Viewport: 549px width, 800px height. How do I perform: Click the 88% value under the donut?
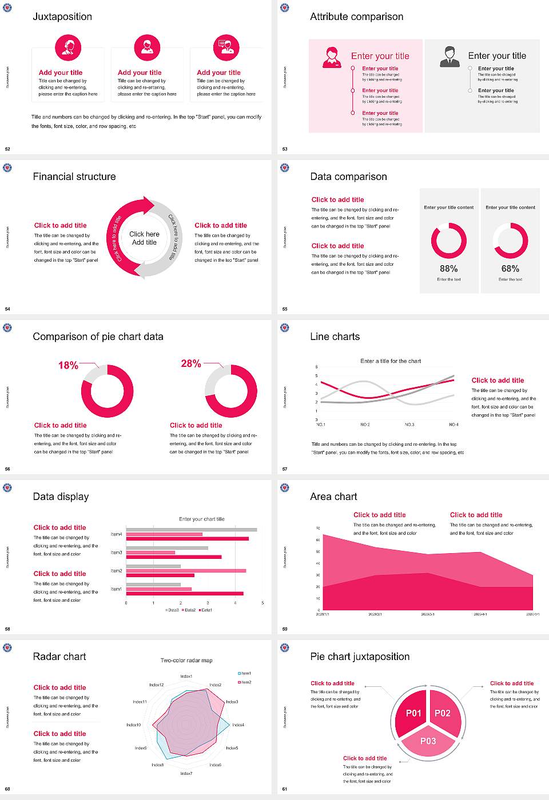tap(449, 269)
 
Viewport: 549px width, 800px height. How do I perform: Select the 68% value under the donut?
tap(510, 269)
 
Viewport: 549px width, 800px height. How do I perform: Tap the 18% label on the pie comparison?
tap(68, 365)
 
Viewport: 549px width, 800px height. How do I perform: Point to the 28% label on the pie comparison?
tap(190, 363)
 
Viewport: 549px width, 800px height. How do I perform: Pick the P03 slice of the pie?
tap(428, 741)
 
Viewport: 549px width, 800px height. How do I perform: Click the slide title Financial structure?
tap(74, 177)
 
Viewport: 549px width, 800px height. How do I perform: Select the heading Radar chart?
tap(59, 657)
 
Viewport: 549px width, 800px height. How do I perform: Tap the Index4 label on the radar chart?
tap(238, 725)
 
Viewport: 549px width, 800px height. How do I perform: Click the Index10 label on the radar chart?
tap(133, 725)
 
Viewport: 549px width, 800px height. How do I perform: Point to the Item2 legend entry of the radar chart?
tap(245, 682)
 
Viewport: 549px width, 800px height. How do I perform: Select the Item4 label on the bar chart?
tap(116, 534)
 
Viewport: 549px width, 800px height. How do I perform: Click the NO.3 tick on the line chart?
tap(409, 425)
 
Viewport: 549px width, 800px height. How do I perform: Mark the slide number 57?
tap(285, 469)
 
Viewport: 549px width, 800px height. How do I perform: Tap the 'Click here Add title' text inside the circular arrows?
tap(144, 238)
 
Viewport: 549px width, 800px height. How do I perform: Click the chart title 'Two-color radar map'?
tap(186, 661)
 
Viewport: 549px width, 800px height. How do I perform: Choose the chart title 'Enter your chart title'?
tap(201, 519)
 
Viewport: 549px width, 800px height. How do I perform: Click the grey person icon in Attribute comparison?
tap(449, 57)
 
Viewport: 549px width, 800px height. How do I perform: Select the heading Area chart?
tap(333, 497)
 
